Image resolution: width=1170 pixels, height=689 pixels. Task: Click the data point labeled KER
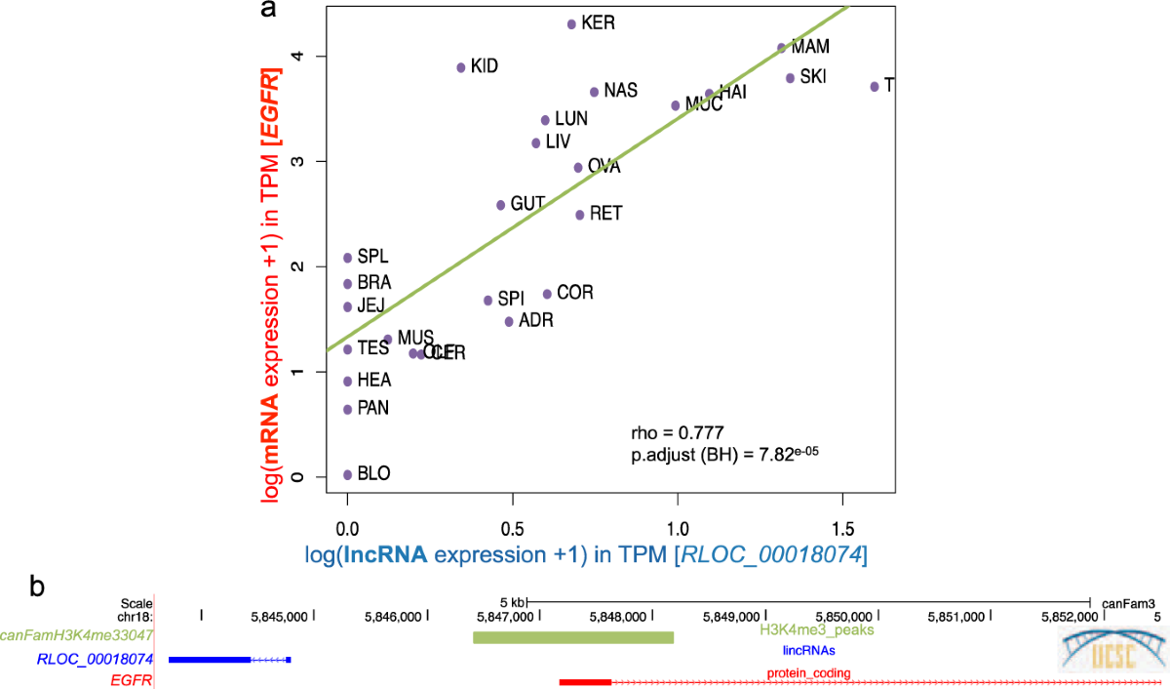571,23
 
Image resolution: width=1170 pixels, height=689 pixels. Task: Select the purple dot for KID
460,67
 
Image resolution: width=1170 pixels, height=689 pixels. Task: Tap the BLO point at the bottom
347,474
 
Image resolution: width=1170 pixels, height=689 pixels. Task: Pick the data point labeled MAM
781,47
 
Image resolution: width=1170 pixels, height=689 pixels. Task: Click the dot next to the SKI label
790,78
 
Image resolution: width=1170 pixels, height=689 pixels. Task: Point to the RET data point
579,215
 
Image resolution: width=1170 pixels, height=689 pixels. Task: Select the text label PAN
372,408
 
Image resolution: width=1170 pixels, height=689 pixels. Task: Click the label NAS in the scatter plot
620,91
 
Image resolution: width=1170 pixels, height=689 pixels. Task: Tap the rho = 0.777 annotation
678,431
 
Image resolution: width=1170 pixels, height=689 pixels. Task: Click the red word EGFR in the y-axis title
277,103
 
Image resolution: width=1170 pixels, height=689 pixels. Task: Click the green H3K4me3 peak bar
573,637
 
